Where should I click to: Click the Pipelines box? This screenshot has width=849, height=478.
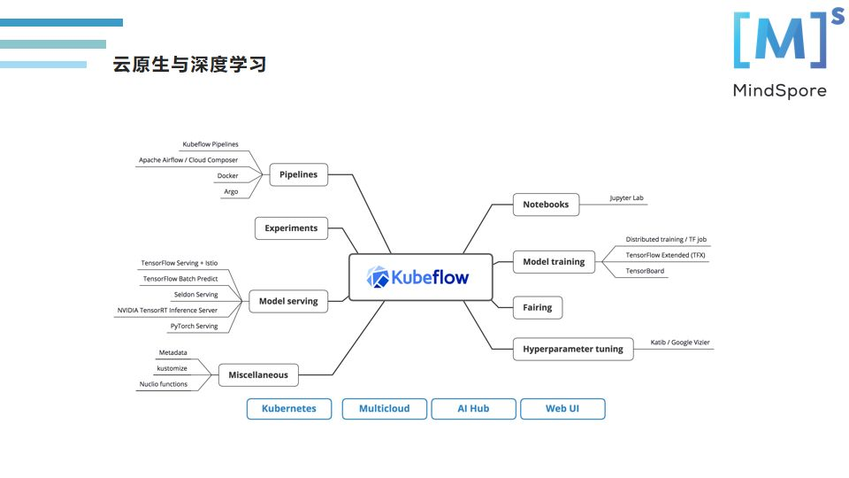(298, 174)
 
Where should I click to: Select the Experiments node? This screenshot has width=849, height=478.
(291, 228)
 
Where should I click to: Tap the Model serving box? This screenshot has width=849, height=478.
(288, 301)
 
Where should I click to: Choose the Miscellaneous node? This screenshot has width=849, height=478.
(257, 374)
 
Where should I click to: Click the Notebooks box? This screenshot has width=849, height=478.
(546, 204)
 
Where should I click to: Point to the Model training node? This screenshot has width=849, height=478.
(554, 262)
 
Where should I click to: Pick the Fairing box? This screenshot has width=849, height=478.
(537, 307)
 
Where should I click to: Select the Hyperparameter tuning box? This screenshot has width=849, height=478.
(573, 349)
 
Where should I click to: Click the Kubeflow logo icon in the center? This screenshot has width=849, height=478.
(379, 278)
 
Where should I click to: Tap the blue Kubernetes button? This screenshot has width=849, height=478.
(289, 409)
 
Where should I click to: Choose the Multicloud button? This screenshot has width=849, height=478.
(385, 409)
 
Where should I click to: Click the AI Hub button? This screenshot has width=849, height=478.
(473, 409)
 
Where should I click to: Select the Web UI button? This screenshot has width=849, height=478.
(562, 409)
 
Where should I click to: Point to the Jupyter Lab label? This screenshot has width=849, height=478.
(626, 198)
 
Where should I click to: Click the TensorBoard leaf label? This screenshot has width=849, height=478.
(645, 271)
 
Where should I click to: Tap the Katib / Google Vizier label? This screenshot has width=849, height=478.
(680, 342)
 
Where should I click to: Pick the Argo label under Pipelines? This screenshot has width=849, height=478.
(231, 192)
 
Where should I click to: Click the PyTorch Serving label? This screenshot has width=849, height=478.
(194, 327)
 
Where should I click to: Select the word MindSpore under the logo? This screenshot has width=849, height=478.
(779, 90)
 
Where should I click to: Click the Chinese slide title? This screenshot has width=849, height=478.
(189, 65)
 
